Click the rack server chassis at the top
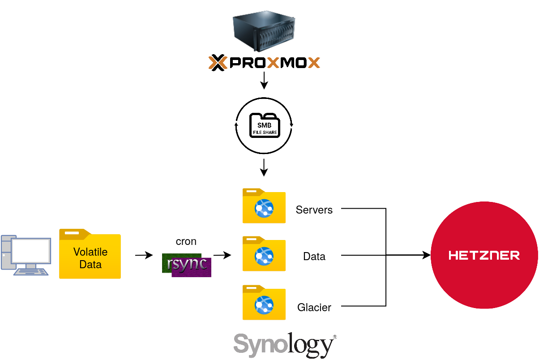(x=264, y=32)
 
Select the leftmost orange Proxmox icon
(x=218, y=63)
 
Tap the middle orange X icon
(x=273, y=63)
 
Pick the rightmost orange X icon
(x=314, y=63)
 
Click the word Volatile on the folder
(x=90, y=252)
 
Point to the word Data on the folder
(x=90, y=265)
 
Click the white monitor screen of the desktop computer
(x=31, y=251)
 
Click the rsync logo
(x=187, y=265)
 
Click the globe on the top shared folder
(x=264, y=208)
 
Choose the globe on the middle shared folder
(x=264, y=256)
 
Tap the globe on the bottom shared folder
(x=264, y=305)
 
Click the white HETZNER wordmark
(x=484, y=255)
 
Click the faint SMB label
(x=264, y=126)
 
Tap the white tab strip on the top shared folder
(x=251, y=192)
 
